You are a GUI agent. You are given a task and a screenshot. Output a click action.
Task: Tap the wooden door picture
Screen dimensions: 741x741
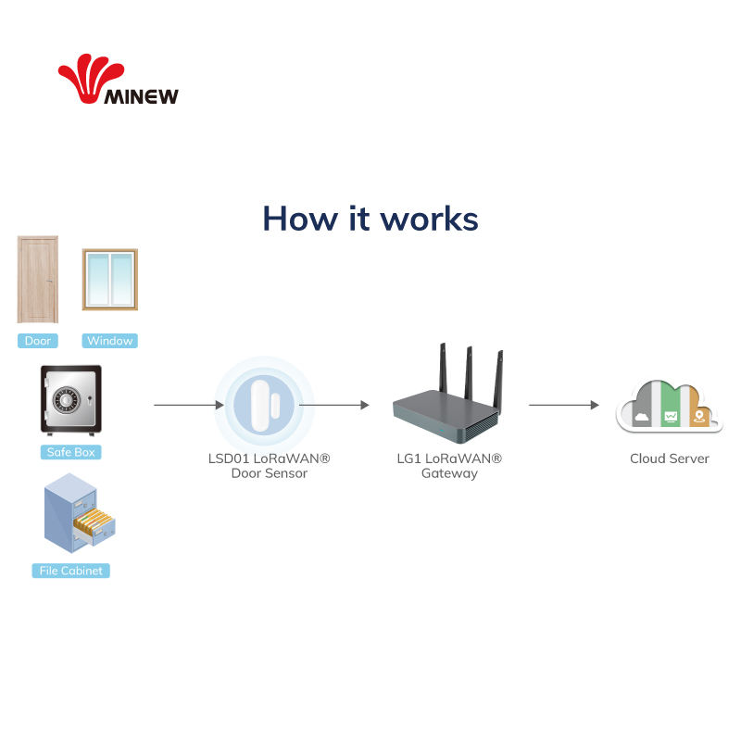point(38,279)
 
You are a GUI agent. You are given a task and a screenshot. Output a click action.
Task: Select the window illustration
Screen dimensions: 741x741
point(109,279)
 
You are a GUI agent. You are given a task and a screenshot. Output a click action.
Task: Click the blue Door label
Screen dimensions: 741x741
point(38,341)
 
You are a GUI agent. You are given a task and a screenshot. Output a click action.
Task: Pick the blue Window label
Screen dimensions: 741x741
point(109,341)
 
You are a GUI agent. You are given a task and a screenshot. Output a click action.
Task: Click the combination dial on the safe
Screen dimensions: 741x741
point(65,401)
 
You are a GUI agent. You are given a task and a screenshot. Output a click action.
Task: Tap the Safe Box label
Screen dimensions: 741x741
point(70,452)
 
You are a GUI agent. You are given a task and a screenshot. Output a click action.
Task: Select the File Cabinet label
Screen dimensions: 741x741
point(70,571)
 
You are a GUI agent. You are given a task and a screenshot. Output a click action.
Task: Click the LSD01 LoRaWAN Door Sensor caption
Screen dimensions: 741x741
point(269,466)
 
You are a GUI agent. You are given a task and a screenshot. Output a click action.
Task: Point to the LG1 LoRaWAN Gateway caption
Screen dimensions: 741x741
point(449,466)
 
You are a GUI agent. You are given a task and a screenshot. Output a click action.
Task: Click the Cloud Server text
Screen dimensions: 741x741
point(669,458)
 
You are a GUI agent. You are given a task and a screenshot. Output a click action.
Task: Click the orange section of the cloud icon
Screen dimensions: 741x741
point(700,412)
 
